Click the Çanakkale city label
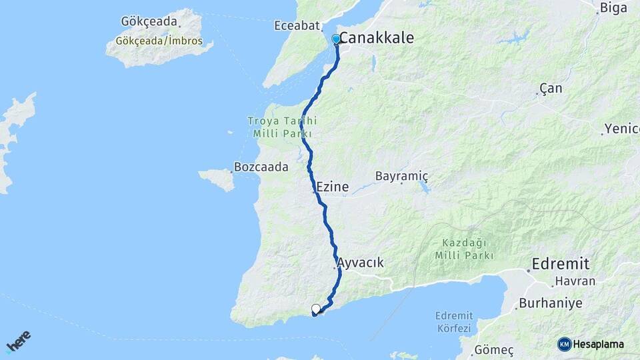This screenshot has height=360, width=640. point(377,38)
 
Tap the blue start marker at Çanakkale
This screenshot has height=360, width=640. point(336,39)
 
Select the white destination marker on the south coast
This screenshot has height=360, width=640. point(316,309)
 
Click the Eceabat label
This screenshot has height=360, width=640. point(297,26)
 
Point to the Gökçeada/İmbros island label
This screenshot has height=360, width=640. point(159,41)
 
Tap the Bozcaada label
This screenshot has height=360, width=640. point(261,167)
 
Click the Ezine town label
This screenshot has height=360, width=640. point(333,187)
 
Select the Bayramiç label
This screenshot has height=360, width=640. point(401,177)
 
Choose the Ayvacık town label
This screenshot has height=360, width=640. point(361,263)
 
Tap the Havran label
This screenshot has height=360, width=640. point(575,281)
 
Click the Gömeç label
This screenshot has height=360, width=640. point(494,349)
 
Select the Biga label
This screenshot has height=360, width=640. point(613,8)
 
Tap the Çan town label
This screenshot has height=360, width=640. point(551,89)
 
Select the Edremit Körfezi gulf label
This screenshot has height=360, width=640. point(453,321)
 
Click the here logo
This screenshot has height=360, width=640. point(19,341)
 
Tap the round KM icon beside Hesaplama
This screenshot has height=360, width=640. point(565,344)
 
